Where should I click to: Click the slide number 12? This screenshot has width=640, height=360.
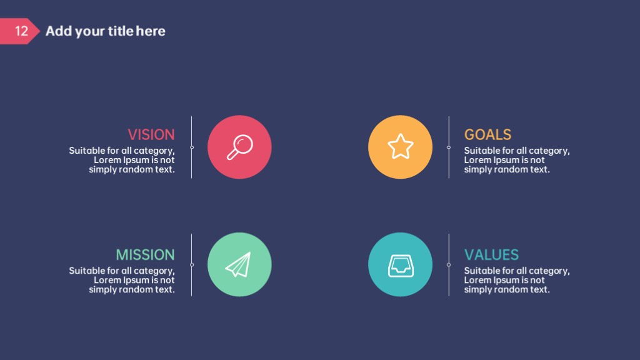tap(21, 31)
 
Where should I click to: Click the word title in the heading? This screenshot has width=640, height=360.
tap(121, 31)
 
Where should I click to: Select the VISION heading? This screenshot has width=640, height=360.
tap(151, 135)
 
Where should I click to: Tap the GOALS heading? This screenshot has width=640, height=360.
tap(487, 135)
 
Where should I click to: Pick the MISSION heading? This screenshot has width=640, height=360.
tap(145, 255)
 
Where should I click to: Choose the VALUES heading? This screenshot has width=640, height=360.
tap(491, 255)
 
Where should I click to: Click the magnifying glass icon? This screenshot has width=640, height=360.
tap(239, 147)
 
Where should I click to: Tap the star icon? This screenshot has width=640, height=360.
tap(401, 146)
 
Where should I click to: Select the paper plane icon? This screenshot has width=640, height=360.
tap(239, 264)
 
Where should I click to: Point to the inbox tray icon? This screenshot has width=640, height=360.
tap(401, 266)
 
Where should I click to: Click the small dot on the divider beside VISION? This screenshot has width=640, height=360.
tap(192, 147)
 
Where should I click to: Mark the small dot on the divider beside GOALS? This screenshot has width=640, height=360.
tap(449, 147)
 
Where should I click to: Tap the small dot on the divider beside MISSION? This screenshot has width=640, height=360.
tap(192, 265)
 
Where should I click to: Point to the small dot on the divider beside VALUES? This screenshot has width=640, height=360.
tap(449, 265)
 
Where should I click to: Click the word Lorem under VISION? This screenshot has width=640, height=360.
tap(107, 160)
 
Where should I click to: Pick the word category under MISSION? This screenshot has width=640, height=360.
tap(154, 271)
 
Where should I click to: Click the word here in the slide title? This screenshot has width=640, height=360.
tap(151, 31)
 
